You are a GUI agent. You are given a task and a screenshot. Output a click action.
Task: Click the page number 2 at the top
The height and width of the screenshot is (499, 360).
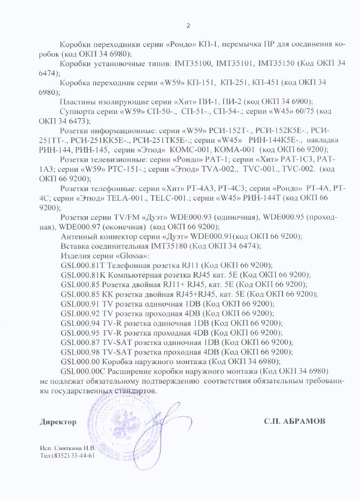(x=188, y=25)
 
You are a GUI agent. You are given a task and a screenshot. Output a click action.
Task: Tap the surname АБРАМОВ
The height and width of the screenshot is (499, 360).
(x=304, y=421)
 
